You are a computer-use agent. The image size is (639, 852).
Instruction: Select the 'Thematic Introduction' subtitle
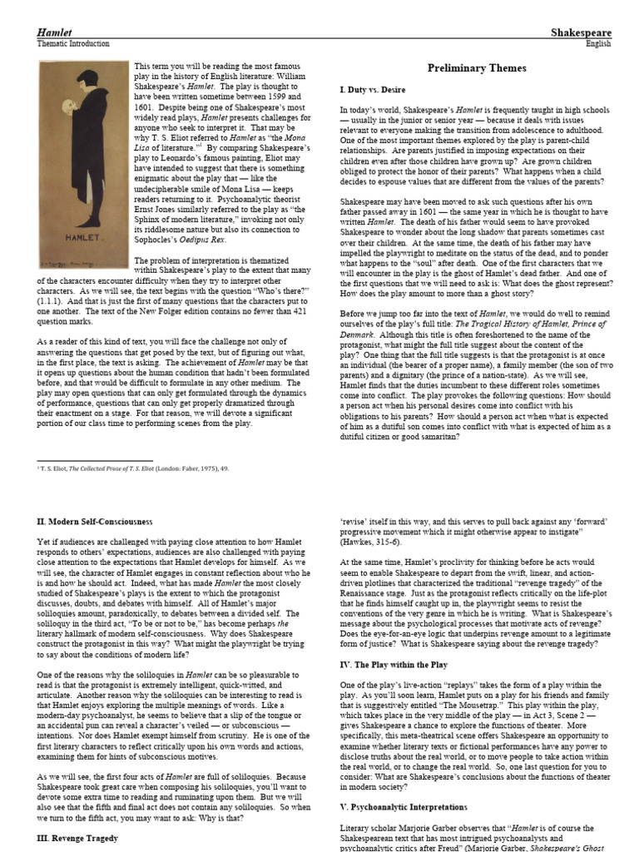(73, 43)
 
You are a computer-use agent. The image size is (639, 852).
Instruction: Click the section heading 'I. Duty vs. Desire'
(372, 88)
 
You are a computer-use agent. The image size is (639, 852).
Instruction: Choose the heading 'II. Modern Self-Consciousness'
(94, 521)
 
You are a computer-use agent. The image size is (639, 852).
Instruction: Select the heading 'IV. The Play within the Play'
(394, 665)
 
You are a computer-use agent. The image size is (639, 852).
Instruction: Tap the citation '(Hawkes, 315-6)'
(374, 542)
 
